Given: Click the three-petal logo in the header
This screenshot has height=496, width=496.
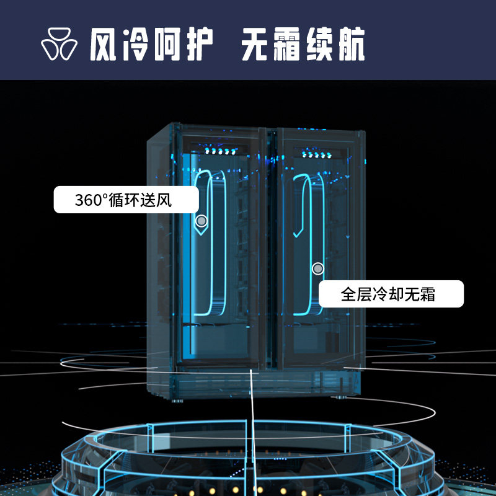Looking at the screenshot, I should click(x=60, y=44).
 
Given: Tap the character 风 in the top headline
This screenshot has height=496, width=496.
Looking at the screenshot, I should click(x=104, y=44).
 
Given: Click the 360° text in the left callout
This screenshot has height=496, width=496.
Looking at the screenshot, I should click(x=91, y=200).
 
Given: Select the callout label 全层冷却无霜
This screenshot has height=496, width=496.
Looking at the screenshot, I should click(x=388, y=294).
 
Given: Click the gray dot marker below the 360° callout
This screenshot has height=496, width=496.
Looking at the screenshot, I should click(x=201, y=221).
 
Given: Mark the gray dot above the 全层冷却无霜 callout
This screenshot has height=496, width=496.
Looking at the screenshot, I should click(x=318, y=268).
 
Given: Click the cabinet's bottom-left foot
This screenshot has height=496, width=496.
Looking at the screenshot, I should click(x=178, y=401).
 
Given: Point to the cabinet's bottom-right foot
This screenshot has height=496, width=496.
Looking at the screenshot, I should click(x=341, y=395).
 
